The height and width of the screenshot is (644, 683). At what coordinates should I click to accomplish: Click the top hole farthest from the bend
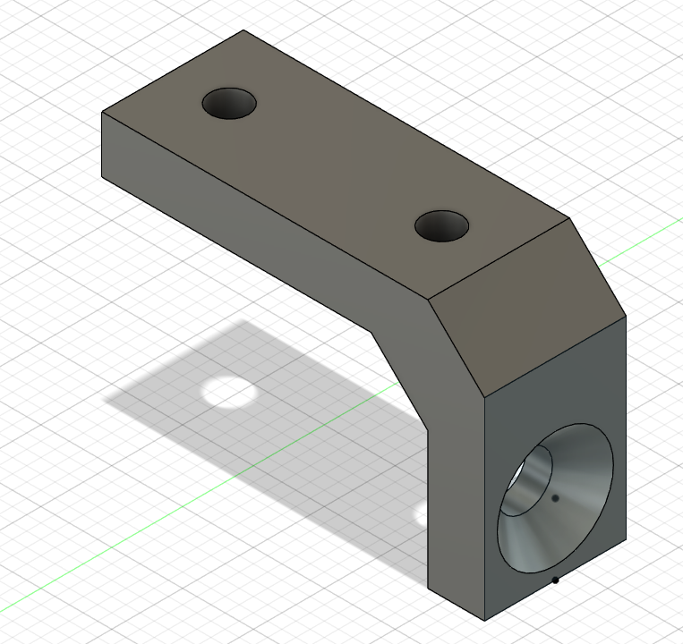click(x=229, y=104)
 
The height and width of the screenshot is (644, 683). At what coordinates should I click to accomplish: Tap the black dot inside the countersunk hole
click(x=556, y=498)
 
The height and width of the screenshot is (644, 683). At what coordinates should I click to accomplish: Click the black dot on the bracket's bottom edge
click(x=555, y=580)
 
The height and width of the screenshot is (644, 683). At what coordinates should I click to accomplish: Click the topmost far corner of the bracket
click(x=244, y=31)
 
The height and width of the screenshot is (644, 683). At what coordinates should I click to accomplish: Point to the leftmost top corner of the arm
click(x=102, y=114)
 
